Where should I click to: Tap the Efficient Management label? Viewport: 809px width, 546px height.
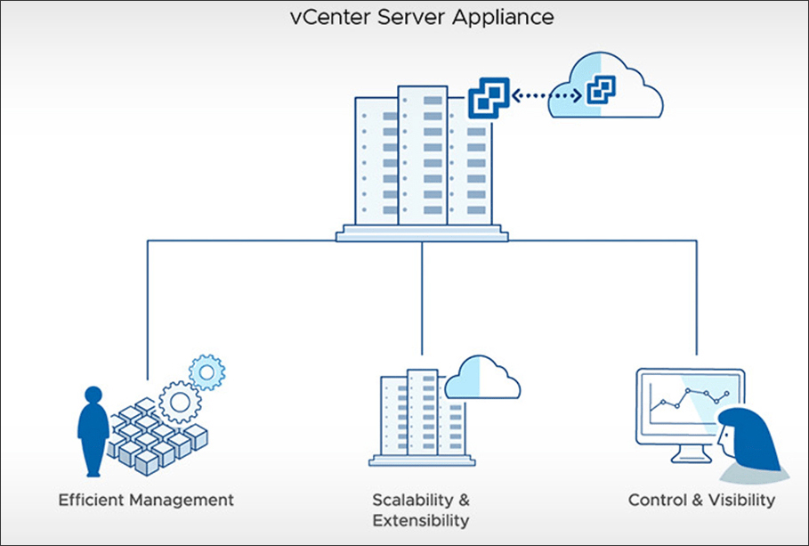[146, 500]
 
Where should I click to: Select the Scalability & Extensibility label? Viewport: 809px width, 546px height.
[421, 509]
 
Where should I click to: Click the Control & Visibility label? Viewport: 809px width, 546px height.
[701, 500]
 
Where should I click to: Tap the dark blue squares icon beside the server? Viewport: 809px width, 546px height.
[489, 97]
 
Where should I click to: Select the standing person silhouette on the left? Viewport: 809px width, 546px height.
[92, 430]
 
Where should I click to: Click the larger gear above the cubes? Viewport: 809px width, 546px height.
[179, 403]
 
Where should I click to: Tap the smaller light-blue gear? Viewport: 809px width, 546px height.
[207, 371]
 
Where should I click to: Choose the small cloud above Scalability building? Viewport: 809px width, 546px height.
[481, 379]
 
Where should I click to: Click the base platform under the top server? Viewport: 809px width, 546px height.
[422, 235]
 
